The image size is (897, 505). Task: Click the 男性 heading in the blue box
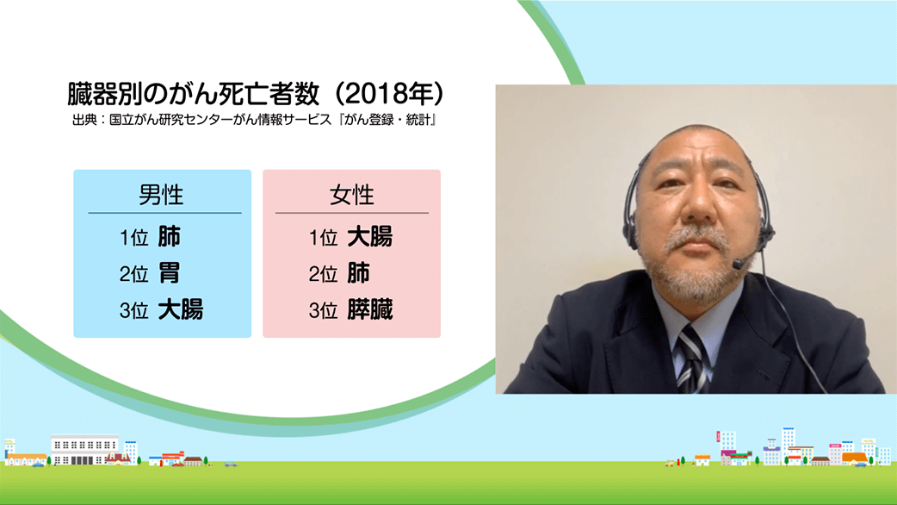pyautogui.click(x=161, y=196)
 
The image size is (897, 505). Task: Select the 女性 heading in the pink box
pyautogui.click(x=351, y=196)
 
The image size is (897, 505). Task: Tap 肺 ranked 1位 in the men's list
pyautogui.click(x=170, y=237)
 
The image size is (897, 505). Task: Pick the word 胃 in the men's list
pyautogui.click(x=170, y=273)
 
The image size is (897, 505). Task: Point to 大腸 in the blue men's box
pyautogui.click(x=181, y=309)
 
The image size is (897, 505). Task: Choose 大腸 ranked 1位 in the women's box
pyautogui.click(x=370, y=237)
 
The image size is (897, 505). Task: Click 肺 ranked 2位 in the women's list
pyautogui.click(x=359, y=273)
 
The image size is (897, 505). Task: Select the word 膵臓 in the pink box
pyautogui.click(x=370, y=309)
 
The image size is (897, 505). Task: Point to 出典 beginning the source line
pyautogui.click(x=84, y=121)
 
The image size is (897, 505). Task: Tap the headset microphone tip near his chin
pyautogui.click(x=739, y=264)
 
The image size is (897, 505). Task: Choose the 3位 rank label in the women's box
pyautogui.click(x=323, y=310)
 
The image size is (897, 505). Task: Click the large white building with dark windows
pyautogui.click(x=84, y=450)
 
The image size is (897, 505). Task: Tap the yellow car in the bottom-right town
pyautogui.click(x=670, y=463)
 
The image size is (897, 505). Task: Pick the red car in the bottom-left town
pyautogui.click(x=177, y=464)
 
